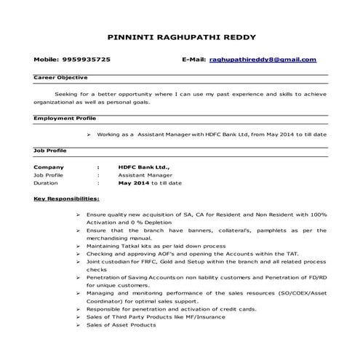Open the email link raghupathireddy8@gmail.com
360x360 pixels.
[x=263, y=59]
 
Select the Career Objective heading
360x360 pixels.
[x=61, y=76]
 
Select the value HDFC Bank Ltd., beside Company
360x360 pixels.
[x=144, y=167]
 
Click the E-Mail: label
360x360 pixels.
[x=193, y=59]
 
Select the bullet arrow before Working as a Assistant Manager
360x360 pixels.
[x=88, y=135]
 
